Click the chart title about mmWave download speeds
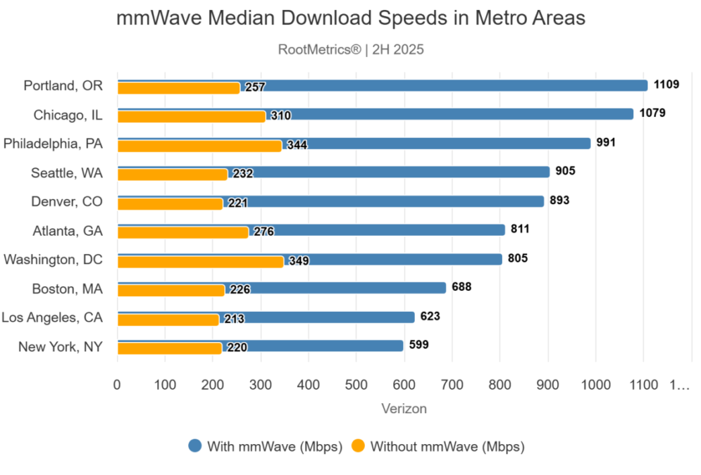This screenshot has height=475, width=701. pos(350,19)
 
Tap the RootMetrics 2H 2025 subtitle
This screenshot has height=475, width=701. pos(350,50)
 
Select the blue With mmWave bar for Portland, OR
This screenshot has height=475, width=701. pos(451,85)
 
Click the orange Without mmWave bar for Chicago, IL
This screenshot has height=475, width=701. pos(190,117)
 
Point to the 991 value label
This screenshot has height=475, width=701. pos(606,143)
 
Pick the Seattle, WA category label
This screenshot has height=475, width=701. pos(67,172)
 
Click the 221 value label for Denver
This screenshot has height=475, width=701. pos(237,203)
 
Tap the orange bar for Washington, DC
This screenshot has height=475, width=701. pos(200,262)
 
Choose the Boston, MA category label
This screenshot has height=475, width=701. pos(68,289)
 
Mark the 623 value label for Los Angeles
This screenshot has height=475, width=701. pos(430,317)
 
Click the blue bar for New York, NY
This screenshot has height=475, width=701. pos(317,346)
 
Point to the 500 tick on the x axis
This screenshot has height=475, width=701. pos(356,385)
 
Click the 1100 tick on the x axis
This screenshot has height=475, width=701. pos(643,385)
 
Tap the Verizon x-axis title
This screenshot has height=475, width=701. pos(404,409)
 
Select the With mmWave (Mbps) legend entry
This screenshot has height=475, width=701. pos(266,446)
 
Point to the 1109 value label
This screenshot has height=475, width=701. pos(666,85)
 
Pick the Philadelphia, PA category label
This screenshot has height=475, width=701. pos(53,144)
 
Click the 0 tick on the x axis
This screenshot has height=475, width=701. pos(117,385)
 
